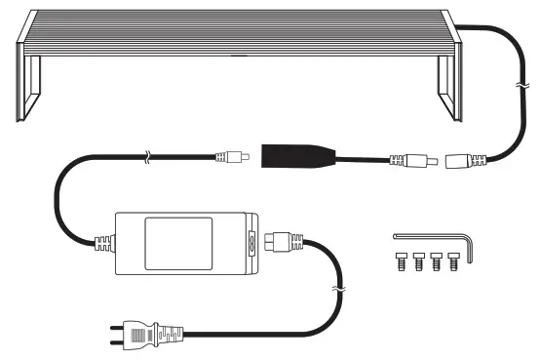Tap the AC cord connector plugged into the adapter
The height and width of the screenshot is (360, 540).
(x=287, y=241)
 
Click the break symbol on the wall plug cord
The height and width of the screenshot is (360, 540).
(x=339, y=290)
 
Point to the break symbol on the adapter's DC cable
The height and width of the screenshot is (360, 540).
(x=146, y=154)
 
